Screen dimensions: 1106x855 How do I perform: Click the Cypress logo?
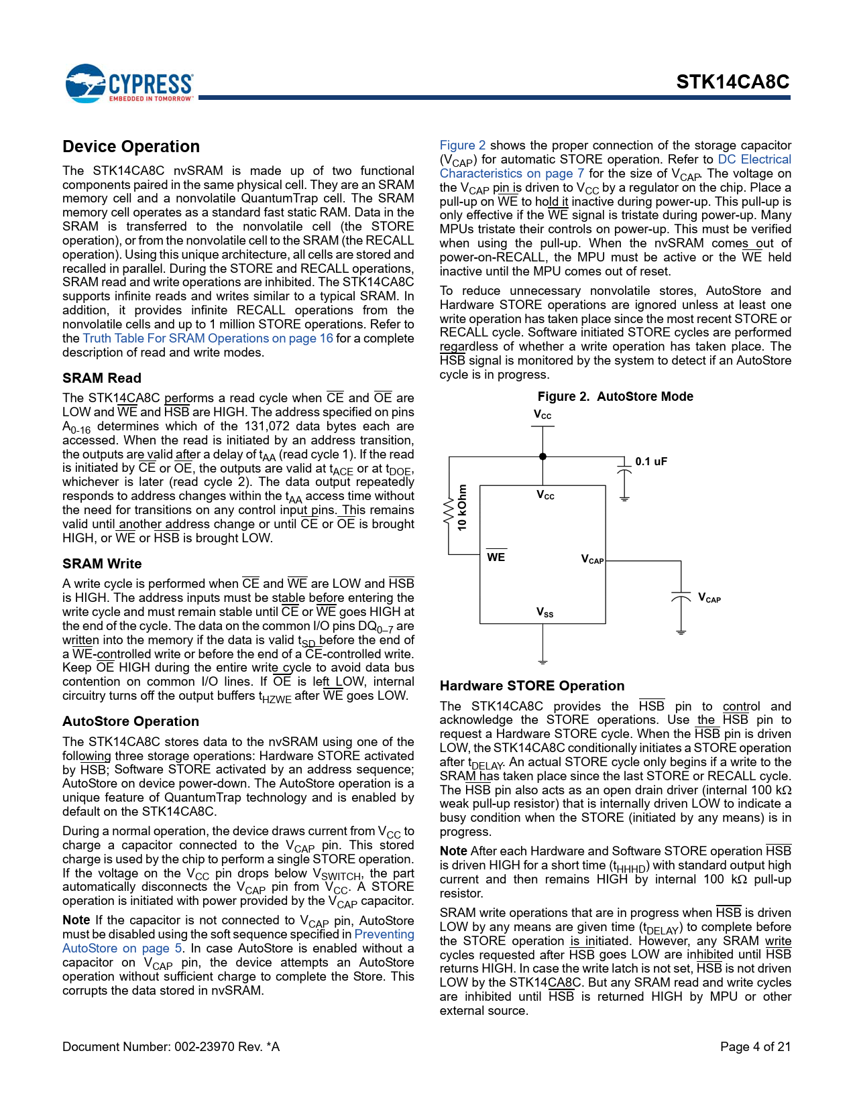click(129, 84)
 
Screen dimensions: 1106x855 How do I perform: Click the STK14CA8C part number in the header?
click(732, 82)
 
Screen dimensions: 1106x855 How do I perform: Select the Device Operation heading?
click(131, 147)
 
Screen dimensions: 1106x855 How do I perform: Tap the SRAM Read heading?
click(102, 378)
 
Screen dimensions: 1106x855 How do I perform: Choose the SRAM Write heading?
click(102, 564)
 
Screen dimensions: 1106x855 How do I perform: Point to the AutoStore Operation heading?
click(131, 721)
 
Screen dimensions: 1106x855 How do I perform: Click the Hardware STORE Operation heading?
click(532, 686)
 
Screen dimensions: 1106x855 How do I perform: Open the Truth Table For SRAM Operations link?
click(208, 339)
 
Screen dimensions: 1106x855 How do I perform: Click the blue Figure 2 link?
click(462, 145)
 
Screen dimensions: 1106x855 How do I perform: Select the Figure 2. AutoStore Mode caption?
click(615, 396)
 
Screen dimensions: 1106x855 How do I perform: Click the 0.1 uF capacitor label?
click(651, 461)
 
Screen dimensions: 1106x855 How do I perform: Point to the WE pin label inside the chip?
click(496, 557)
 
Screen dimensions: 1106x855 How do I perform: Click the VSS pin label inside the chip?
click(545, 612)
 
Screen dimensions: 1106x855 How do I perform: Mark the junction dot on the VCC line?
click(543, 456)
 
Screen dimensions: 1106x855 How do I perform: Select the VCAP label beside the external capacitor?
click(709, 598)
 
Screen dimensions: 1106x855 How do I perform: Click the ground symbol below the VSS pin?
click(543, 661)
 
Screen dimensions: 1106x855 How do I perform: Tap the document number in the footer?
click(170, 1046)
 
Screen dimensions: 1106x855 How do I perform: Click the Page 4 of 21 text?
click(755, 1046)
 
